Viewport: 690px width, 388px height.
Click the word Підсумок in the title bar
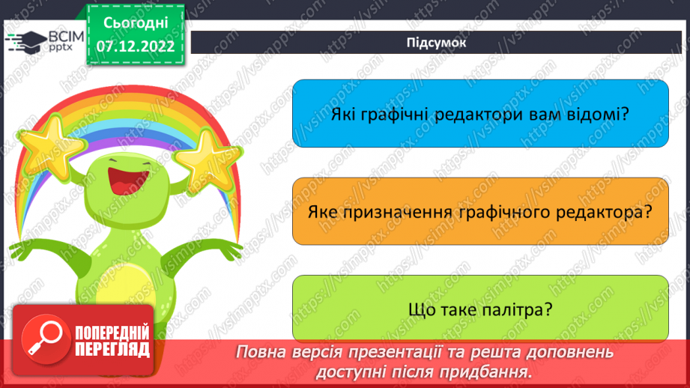tap(436, 42)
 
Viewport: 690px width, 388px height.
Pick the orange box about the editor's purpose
tap(479, 211)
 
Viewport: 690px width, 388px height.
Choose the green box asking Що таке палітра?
tap(479, 309)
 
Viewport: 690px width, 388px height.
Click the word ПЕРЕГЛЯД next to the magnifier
tap(112, 349)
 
